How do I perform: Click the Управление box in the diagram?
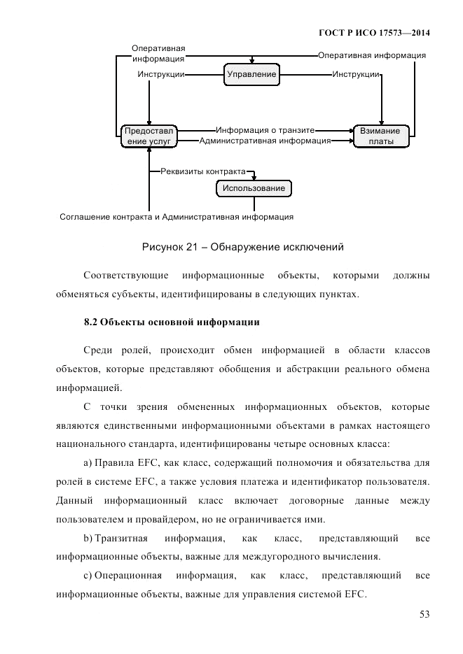pyautogui.click(x=251, y=74)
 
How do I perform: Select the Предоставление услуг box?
pyautogui.click(x=149, y=135)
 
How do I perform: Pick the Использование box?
pyautogui.click(x=254, y=188)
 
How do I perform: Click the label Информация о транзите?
pyautogui.click(x=265, y=129)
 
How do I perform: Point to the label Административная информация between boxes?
pyautogui.click(x=265, y=141)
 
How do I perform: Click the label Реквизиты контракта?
pyautogui.click(x=203, y=171)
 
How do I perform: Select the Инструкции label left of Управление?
pyautogui.click(x=161, y=74)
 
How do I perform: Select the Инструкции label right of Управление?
pyautogui.click(x=357, y=74)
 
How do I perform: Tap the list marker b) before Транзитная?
pyautogui.click(x=88, y=538)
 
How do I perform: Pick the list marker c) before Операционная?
pyautogui.click(x=88, y=576)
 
